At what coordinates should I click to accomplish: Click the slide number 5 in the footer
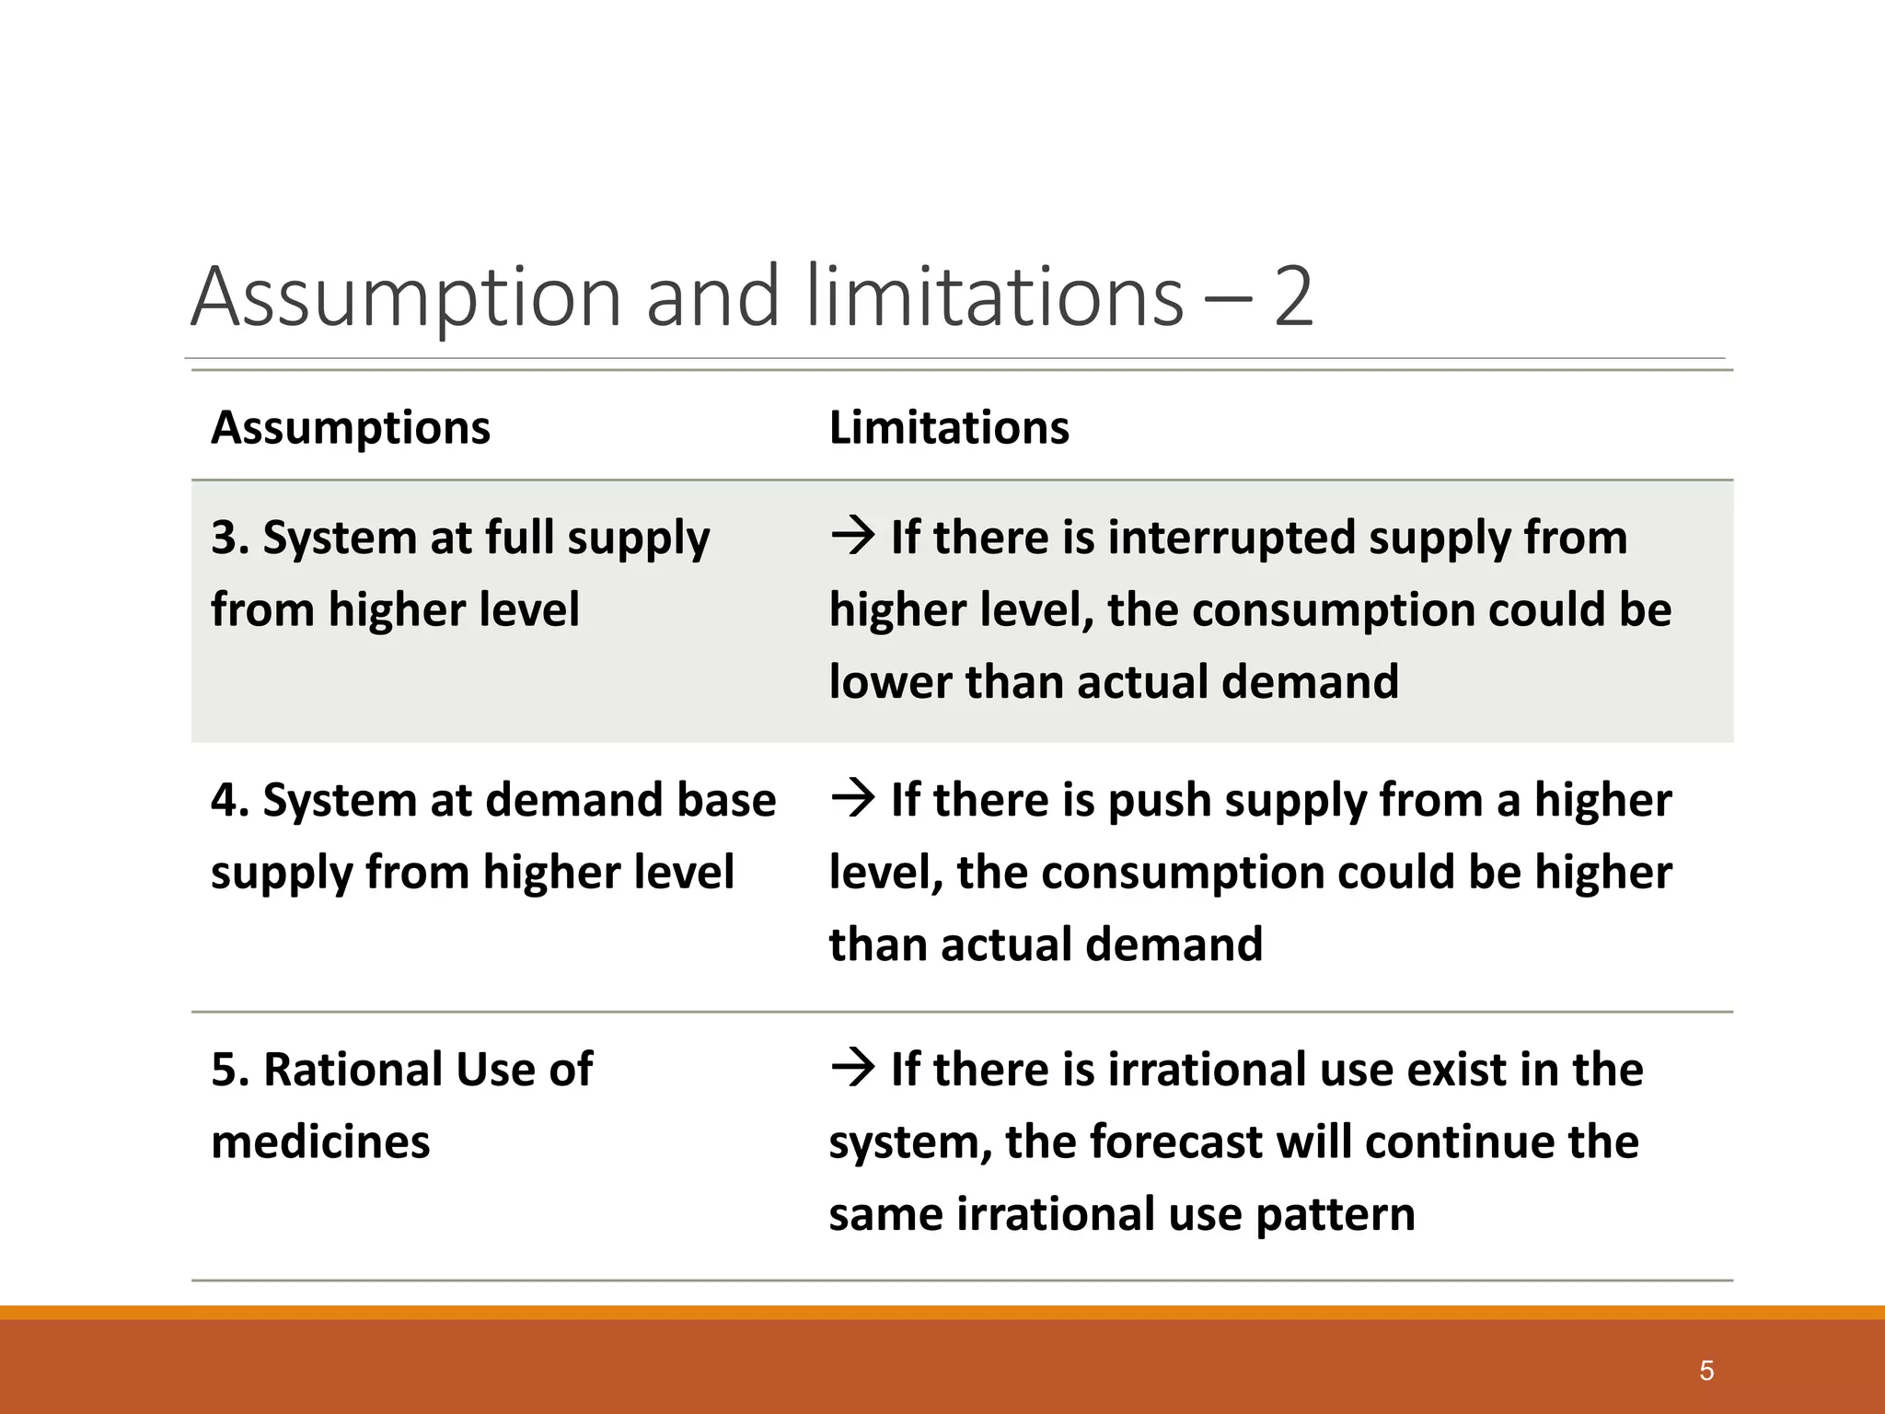coord(1706,1371)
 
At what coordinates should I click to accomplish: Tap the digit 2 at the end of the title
coord(1292,297)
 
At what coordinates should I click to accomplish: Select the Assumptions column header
coord(351,428)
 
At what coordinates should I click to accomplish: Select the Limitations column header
coord(949,428)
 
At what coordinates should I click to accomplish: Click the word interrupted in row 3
coord(1231,538)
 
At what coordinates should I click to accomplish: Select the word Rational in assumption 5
coord(352,1070)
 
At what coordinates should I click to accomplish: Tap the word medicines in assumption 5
coord(320,1142)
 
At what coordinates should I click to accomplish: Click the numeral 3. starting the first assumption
coord(230,538)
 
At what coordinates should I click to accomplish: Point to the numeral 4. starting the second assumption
coord(230,800)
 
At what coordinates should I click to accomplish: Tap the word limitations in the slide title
coord(994,297)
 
